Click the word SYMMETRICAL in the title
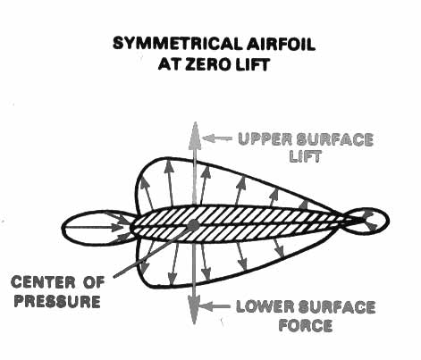[x=177, y=45]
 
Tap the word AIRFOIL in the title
[x=281, y=45]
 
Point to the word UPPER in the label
[x=265, y=139]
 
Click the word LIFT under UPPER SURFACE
[x=306, y=155]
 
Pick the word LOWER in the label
[x=265, y=307]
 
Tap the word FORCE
[x=306, y=325]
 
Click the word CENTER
[x=44, y=282]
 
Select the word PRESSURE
[x=57, y=301]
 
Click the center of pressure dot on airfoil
[x=193, y=224]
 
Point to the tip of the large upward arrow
[x=195, y=122]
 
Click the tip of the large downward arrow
[x=194, y=323]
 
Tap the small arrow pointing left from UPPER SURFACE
[x=217, y=138]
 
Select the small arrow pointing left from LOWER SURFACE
[x=215, y=306]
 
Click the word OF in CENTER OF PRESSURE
[x=94, y=282]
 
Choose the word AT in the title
[x=169, y=63]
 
